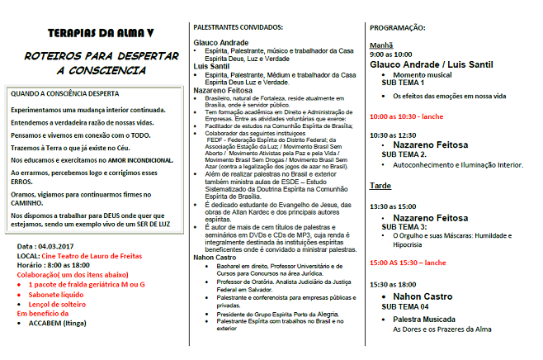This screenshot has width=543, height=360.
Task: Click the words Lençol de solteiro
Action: pos(63,304)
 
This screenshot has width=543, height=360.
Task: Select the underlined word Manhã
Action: pos(380,46)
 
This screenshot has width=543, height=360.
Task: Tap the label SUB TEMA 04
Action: pos(405,306)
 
